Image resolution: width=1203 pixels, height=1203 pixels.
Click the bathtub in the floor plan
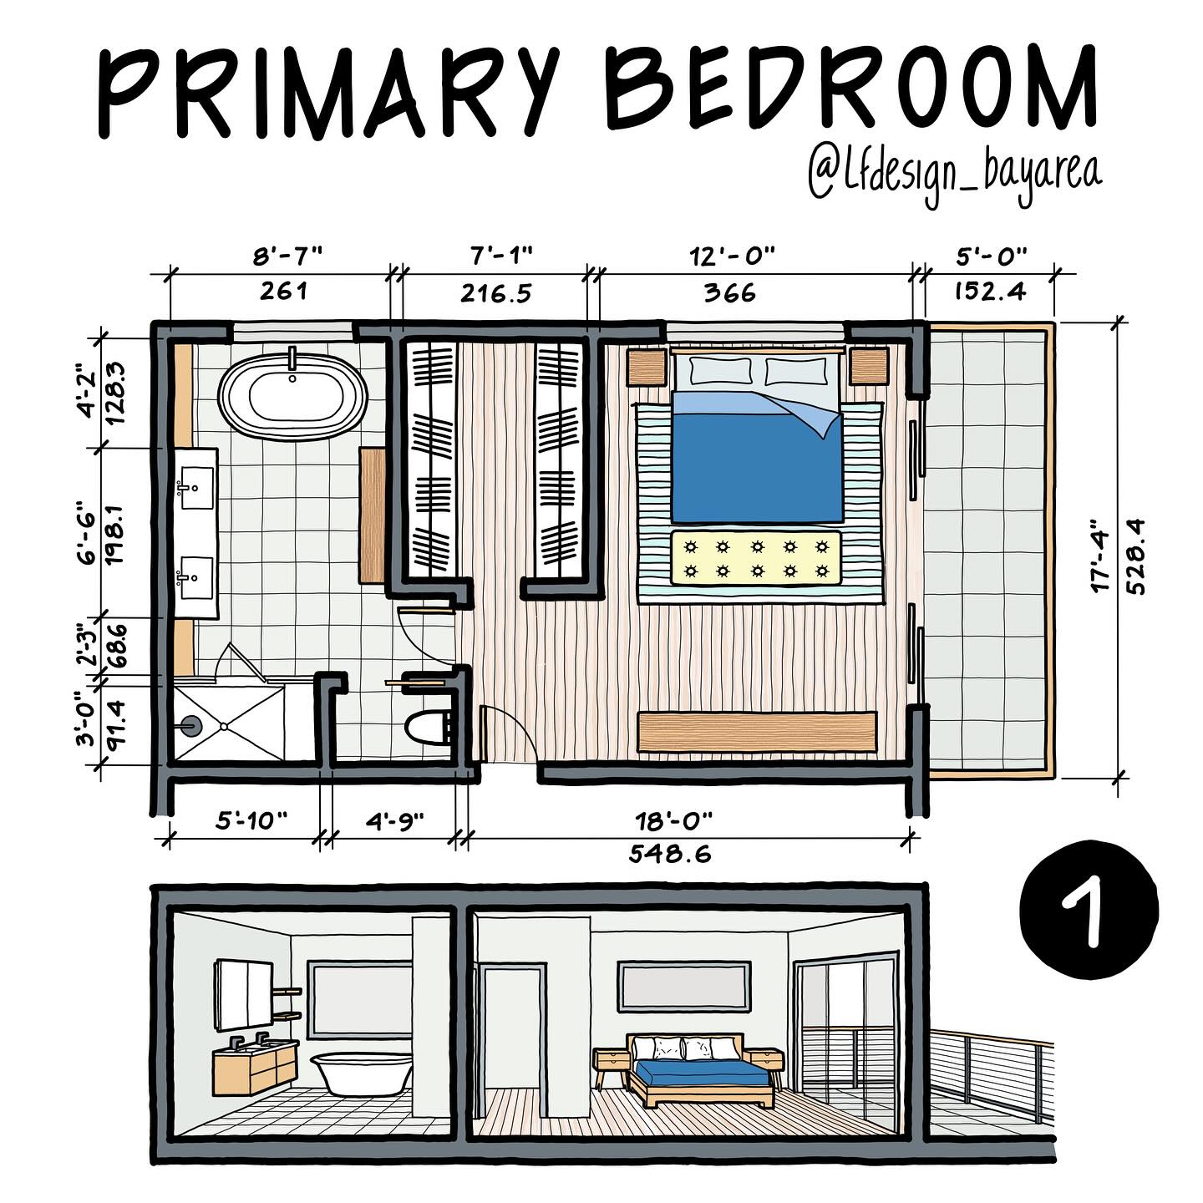click(x=292, y=396)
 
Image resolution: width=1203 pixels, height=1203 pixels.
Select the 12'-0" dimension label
click(x=732, y=256)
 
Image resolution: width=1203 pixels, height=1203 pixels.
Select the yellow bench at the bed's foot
click(x=755, y=558)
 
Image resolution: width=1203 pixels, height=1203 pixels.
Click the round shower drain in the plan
click(x=190, y=726)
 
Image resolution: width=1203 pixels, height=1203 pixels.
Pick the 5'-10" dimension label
click(x=251, y=820)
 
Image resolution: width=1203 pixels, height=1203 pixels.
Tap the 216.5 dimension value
click(x=495, y=293)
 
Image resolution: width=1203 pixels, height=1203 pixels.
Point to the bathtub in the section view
click(x=362, y=1073)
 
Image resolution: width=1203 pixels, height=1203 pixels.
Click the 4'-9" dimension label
click(x=394, y=820)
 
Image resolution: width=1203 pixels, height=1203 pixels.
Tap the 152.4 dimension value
click(x=990, y=292)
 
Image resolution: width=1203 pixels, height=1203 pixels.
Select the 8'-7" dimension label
click(x=287, y=256)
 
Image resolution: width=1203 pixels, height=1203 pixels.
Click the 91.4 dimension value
click(x=116, y=723)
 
